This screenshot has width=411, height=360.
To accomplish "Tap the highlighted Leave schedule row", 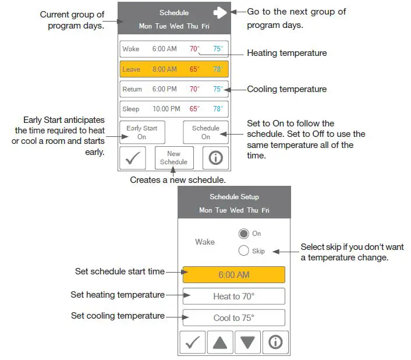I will coord(174,69).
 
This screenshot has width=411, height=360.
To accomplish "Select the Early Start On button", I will coord(142,132).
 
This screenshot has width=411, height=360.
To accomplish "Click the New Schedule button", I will coord(173,158).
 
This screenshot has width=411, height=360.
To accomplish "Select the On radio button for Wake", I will coord(244,234).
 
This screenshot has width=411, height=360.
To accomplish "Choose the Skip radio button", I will coord(244,251).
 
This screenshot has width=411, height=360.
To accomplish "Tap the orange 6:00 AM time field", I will coord(233,275).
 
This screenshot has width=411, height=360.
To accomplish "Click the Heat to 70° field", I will coord(233,297).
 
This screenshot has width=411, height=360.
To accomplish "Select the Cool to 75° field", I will coord(233,318).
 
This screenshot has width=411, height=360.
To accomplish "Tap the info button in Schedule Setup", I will coord(275,343).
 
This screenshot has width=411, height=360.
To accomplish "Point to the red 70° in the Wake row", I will coord(194,49).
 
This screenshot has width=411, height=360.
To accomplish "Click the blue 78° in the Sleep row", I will coord(218,109).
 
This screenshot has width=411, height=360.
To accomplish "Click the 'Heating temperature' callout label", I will coord(287,53).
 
